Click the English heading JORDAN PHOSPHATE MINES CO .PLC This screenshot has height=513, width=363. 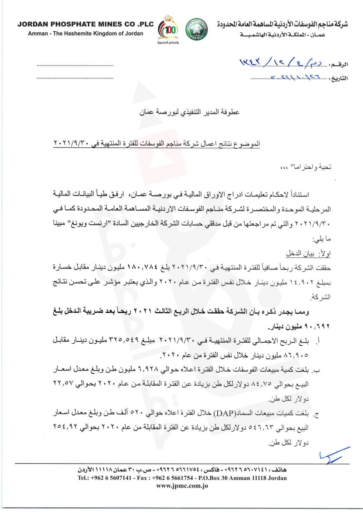(x=86, y=24)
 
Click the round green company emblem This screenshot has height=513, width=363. (x=196, y=30)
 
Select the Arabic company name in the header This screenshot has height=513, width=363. (x=282, y=24)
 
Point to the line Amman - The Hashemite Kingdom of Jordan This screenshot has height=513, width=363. (x=86, y=33)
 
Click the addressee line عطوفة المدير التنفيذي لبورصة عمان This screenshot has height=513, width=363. (x=190, y=112)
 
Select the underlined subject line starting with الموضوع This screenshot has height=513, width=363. (x=156, y=144)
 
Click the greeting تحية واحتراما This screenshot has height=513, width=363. (x=306, y=167)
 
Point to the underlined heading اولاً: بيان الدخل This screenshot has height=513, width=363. (x=308, y=253)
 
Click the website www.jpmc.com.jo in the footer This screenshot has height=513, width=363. (x=182, y=486)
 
